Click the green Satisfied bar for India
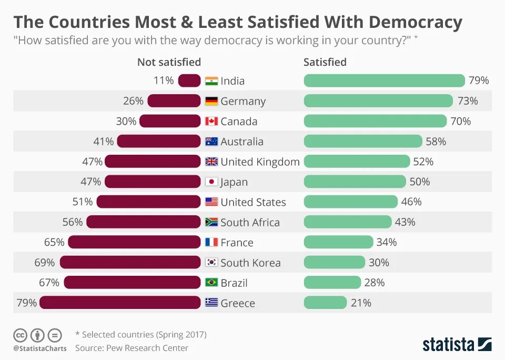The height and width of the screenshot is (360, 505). click(384, 81)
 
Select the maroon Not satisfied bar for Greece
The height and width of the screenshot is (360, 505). click(120, 303)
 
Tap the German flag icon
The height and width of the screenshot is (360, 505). click(211, 101)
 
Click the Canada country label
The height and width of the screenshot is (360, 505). click(239, 121)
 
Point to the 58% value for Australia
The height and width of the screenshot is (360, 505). click(436, 142)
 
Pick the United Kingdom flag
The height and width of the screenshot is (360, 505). click(211, 162)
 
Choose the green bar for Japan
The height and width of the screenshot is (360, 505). click(355, 182)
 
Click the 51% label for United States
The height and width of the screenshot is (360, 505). click(83, 202)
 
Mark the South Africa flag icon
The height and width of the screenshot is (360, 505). click(211, 222)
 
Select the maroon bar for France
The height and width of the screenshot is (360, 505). click(135, 242)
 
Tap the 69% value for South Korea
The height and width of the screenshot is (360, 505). click(45, 262)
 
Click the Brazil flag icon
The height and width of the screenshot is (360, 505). click(211, 283)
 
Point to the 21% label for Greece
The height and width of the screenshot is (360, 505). click(361, 303)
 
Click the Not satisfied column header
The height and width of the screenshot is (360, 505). click(169, 62)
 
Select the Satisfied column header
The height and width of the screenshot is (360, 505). click(325, 62)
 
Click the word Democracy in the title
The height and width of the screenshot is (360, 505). click(416, 22)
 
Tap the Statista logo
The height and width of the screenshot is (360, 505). click(457, 344)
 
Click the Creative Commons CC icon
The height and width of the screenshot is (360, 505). click(20, 335)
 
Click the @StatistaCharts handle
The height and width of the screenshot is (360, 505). click(40, 348)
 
